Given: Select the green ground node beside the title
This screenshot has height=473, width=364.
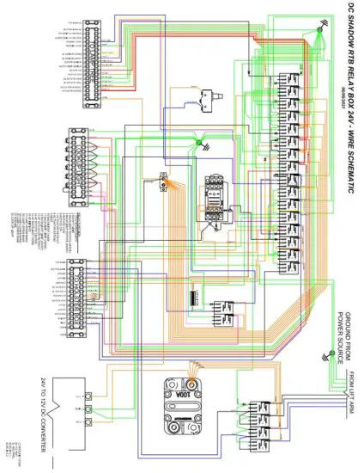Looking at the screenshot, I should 318,30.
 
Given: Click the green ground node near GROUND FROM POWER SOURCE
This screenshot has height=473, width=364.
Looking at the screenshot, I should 329,353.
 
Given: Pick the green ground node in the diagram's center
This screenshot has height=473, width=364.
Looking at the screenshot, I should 197,143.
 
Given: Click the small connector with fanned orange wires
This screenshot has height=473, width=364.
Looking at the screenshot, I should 163,182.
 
